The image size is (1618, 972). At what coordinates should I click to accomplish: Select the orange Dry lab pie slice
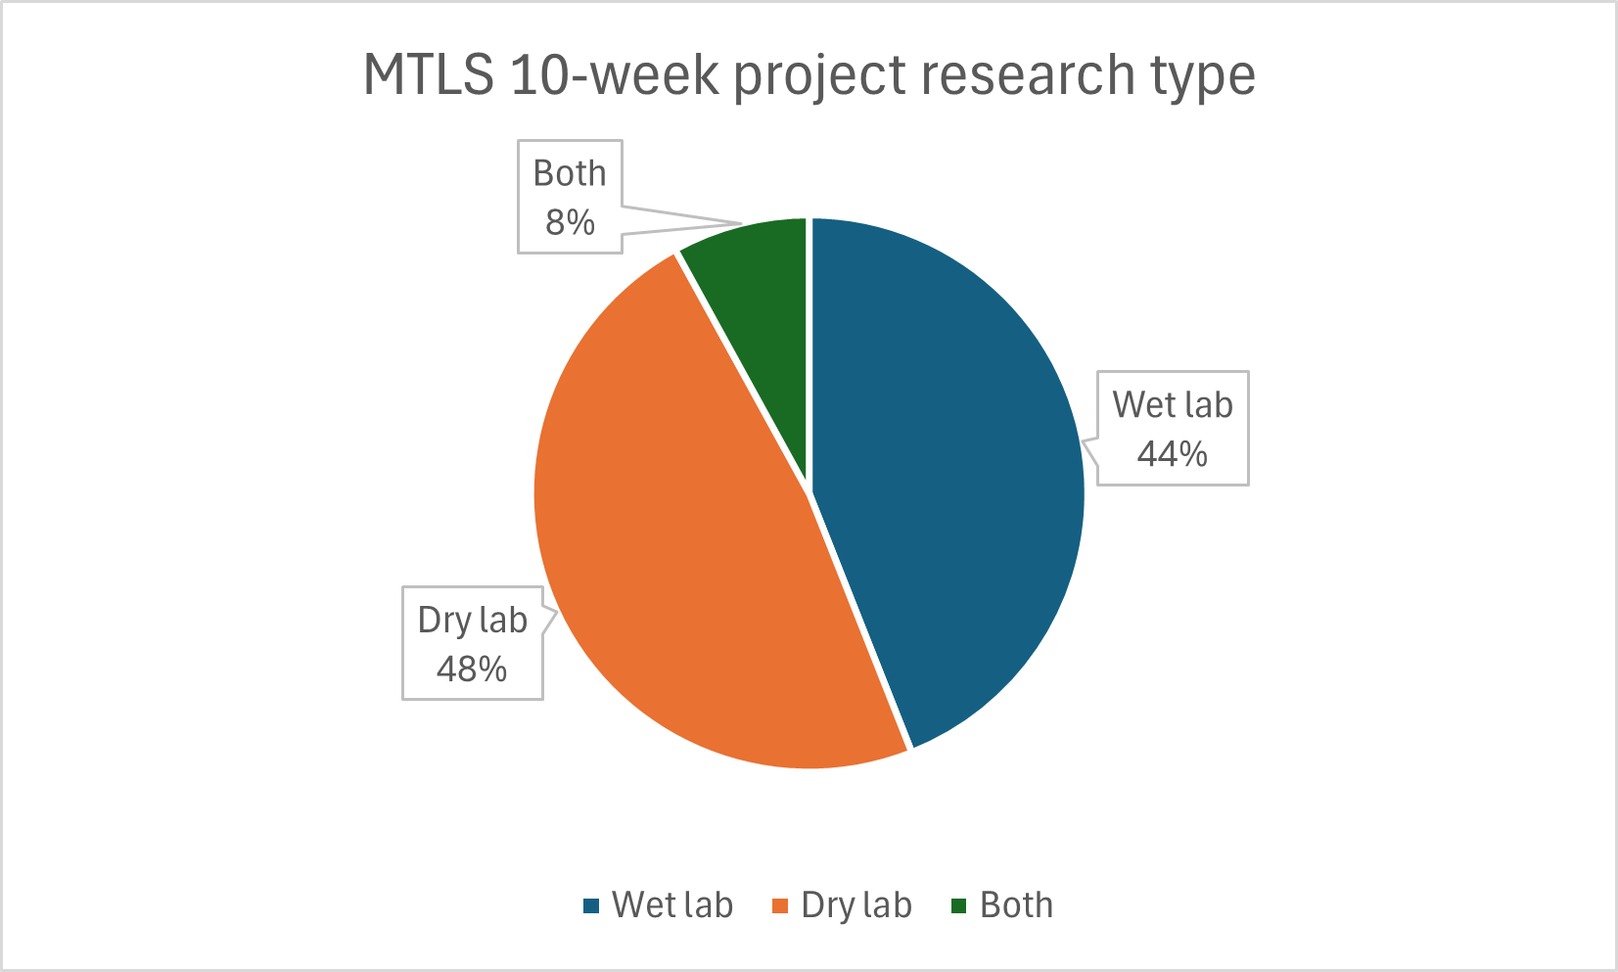pyautogui.click(x=685, y=548)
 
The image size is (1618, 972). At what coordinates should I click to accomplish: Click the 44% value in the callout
pyautogui.click(x=1172, y=454)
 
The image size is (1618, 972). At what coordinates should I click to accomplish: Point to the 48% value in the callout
pyautogui.click(x=472, y=670)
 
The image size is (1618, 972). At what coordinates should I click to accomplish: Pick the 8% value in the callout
pyautogui.click(x=570, y=223)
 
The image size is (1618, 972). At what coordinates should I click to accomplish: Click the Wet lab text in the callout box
pyautogui.click(x=1172, y=405)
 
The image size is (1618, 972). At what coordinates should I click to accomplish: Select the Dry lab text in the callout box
pyautogui.click(x=472, y=621)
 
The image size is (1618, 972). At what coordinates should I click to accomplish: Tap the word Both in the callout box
pyautogui.click(x=570, y=174)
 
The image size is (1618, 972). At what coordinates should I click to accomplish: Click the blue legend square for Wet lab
pyautogui.click(x=590, y=906)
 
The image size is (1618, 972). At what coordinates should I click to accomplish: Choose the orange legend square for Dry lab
pyautogui.click(x=780, y=906)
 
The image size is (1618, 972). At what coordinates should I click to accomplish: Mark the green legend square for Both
pyautogui.click(x=959, y=906)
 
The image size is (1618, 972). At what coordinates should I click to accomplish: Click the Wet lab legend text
pyautogui.click(x=672, y=905)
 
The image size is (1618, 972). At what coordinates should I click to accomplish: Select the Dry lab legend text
pyautogui.click(x=856, y=905)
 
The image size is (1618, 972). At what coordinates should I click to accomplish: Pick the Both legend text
pyautogui.click(x=1016, y=905)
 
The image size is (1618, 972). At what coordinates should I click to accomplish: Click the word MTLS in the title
pyautogui.click(x=429, y=74)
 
